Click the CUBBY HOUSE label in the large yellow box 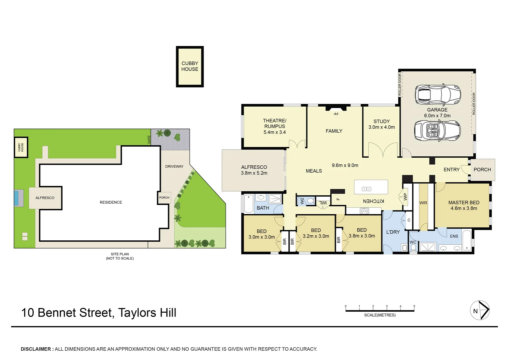coord(190,66)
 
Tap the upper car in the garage coord(438,93)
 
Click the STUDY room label coord(381,122)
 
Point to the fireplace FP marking coord(336,114)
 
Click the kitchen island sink coord(366,189)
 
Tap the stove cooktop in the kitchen coord(364,211)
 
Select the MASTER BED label coord(464,203)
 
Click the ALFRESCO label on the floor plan coord(254,167)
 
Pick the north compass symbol coord(480,311)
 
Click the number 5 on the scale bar coord(414,306)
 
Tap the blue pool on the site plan coord(16,198)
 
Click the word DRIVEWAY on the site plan coord(174,166)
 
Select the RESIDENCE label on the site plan coord(111,202)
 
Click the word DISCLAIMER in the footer coord(36,349)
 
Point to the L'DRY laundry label coord(393,232)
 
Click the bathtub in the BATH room coord(249,204)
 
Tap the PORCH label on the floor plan coord(482,170)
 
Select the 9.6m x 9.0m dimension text coord(345,165)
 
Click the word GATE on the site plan coord(149,140)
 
